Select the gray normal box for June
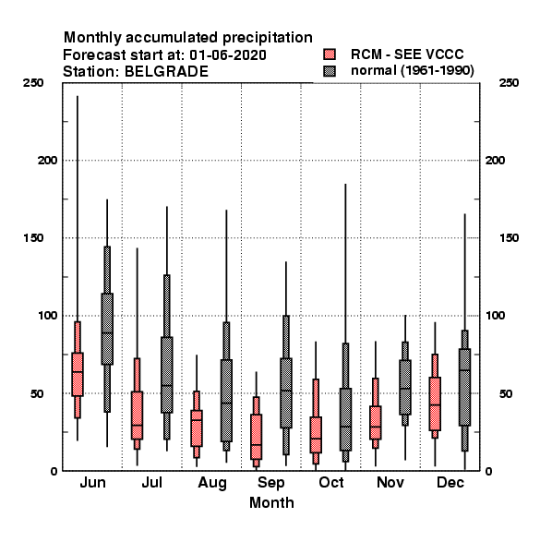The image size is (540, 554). pyautogui.click(x=107, y=329)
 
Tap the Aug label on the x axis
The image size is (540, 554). pyautogui.click(x=212, y=483)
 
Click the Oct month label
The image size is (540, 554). pyautogui.click(x=330, y=482)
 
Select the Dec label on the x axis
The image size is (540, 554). pyautogui.click(x=450, y=482)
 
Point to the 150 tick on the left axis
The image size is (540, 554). pyautogui.click(x=33, y=238)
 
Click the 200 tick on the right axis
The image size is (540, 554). pyautogui.click(x=495, y=160)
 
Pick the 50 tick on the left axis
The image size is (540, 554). pyautogui.click(x=37, y=393)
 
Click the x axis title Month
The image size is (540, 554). pyautogui.click(x=271, y=502)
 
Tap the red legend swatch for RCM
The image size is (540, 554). pyautogui.click(x=330, y=54)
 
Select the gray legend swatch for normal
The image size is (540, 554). pyautogui.click(x=330, y=71)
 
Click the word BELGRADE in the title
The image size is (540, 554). pyautogui.click(x=166, y=72)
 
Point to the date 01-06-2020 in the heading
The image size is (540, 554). pyautogui.click(x=228, y=55)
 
